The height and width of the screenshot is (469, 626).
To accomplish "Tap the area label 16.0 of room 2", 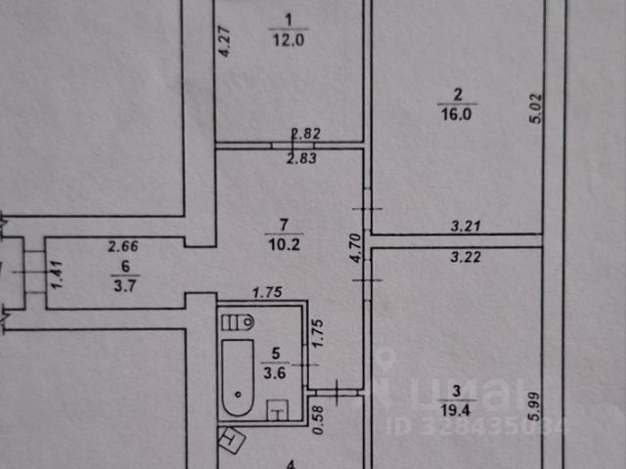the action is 457,113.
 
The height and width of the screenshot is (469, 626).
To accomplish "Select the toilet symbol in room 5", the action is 242,321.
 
